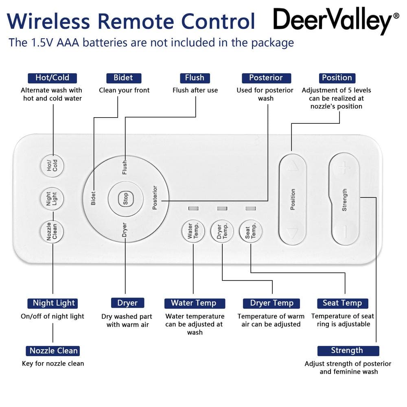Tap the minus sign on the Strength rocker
[344, 232]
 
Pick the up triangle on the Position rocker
[292, 166]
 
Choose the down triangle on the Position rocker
[292, 233]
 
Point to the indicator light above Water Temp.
[193, 208]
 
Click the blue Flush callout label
[195, 78]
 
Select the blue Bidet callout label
[123, 78]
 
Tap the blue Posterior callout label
[266, 78]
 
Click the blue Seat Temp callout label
[342, 303]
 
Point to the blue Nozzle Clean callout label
[54, 351]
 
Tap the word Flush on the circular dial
[125, 167]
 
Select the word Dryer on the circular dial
[125, 230]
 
